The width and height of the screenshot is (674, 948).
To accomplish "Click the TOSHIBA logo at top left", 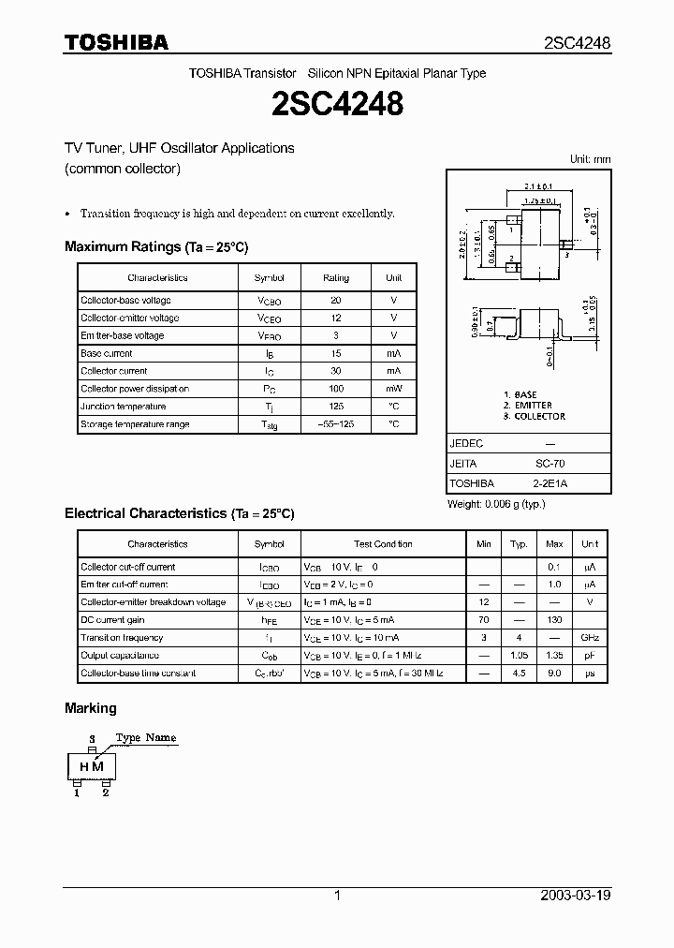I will click(x=116, y=42).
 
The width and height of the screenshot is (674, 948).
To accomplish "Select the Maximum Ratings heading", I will click(x=156, y=246).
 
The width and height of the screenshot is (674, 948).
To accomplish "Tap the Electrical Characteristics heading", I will click(x=179, y=513).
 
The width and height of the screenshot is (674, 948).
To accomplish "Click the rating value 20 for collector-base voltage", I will click(x=336, y=300).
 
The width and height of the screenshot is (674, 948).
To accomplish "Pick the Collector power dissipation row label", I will click(x=135, y=389).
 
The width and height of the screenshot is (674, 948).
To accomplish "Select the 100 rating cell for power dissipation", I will click(x=336, y=389).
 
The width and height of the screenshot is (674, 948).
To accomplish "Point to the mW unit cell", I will click(x=393, y=389).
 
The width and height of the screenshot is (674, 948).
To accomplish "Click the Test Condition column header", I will click(x=383, y=544).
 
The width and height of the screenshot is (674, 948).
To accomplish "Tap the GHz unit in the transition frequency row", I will click(x=590, y=638).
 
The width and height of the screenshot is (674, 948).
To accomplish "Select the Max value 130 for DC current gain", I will click(x=554, y=620).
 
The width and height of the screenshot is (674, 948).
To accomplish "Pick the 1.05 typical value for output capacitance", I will click(x=518, y=656).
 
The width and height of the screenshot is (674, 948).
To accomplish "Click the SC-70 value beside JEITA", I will click(x=549, y=465).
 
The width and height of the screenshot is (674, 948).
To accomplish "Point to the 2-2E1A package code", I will click(x=549, y=483).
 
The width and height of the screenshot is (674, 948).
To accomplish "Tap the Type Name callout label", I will click(x=146, y=738).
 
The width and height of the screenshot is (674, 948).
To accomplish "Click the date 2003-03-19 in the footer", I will click(x=576, y=896).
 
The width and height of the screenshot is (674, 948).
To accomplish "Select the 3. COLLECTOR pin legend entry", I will click(x=535, y=416).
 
